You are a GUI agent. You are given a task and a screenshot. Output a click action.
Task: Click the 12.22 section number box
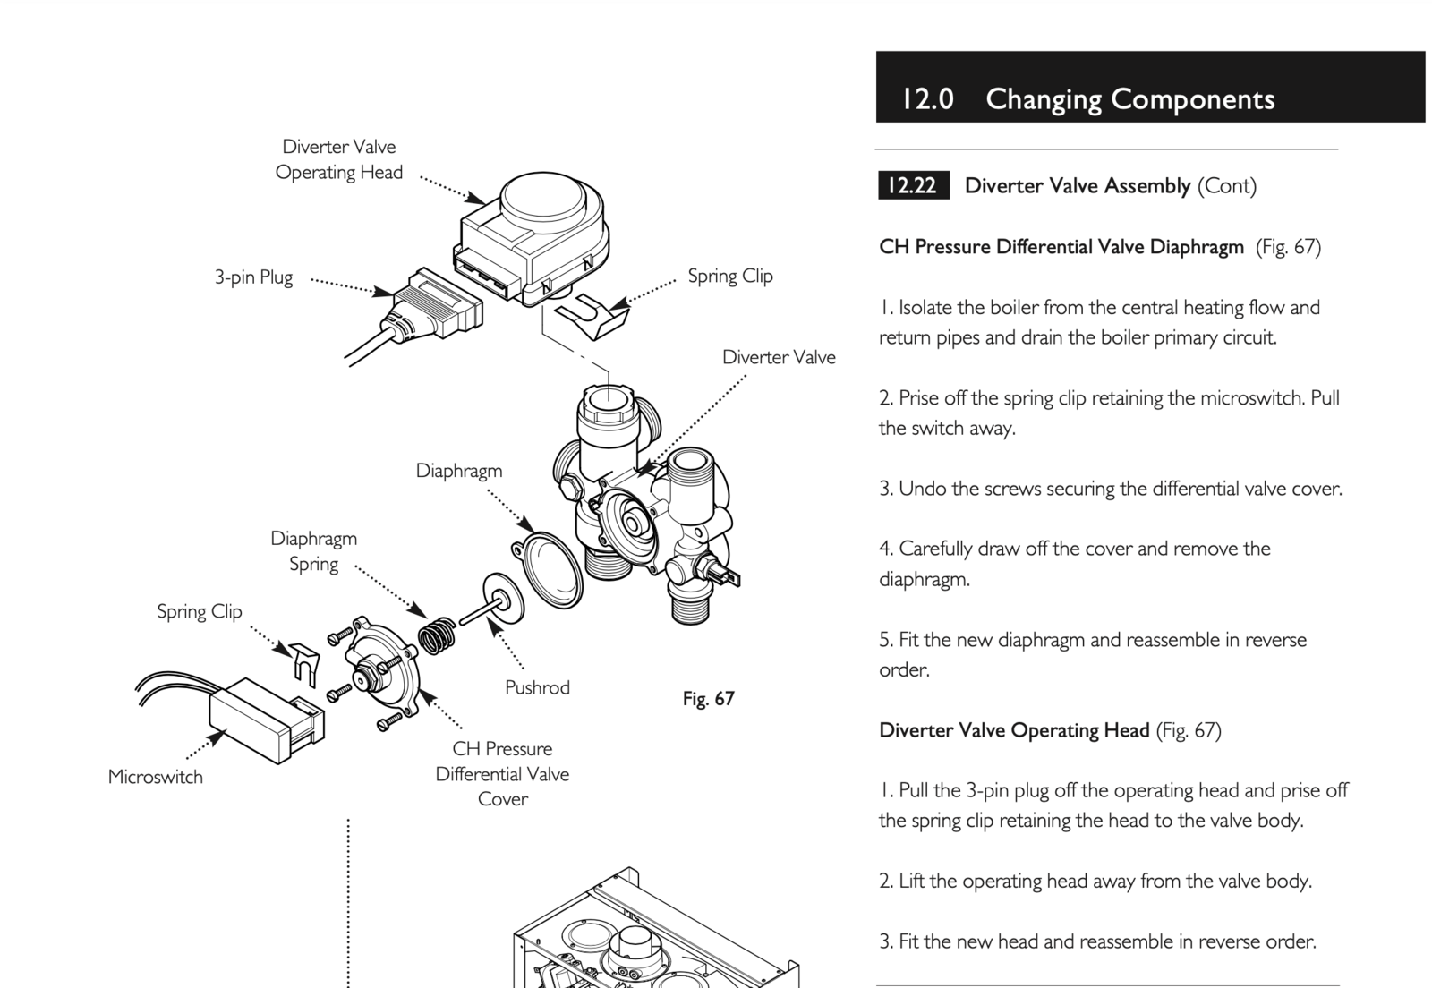[x=914, y=185]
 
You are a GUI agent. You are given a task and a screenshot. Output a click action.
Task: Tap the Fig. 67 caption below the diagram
[x=708, y=699]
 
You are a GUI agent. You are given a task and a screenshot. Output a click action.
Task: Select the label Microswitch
[x=156, y=777]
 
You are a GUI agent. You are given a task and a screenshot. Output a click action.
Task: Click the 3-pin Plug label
[x=254, y=277]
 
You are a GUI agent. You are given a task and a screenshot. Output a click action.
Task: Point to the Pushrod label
[x=537, y=687]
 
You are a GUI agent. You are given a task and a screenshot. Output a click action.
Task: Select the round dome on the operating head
[x=542, y=199]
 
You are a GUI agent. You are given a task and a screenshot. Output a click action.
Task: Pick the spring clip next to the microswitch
[x=305, y=664]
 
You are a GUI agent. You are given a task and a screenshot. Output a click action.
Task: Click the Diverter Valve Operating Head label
[x=339, y=160]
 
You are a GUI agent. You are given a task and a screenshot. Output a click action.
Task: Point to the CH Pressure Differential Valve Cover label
[x=502, y=774]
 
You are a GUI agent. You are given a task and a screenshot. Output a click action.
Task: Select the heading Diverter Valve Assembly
[x=1078, y=186]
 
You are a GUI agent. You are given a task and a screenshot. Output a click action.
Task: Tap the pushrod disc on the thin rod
[x=503, y=598]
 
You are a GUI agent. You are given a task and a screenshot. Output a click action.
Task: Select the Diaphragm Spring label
[x=313, y=551]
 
